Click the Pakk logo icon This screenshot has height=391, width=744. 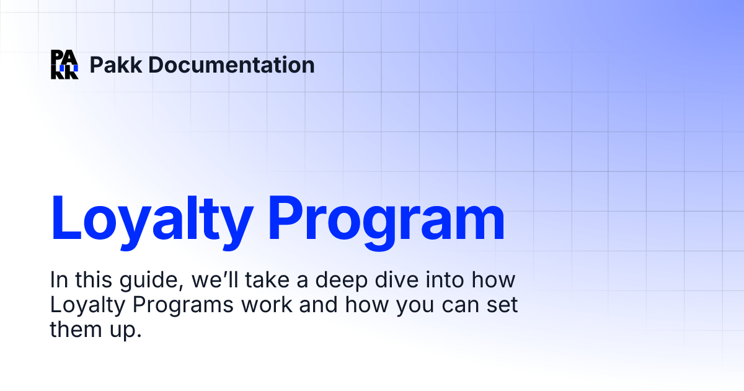point(64,65)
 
